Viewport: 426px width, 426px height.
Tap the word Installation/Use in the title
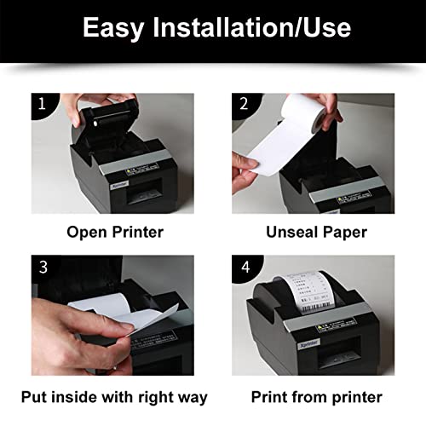point(256,27)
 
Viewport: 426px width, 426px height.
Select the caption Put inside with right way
point(113,396)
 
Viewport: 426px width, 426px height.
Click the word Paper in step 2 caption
point(344,231)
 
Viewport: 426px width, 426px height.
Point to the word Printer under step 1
point(136,231)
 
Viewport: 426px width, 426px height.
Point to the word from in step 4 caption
point(308,396)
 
